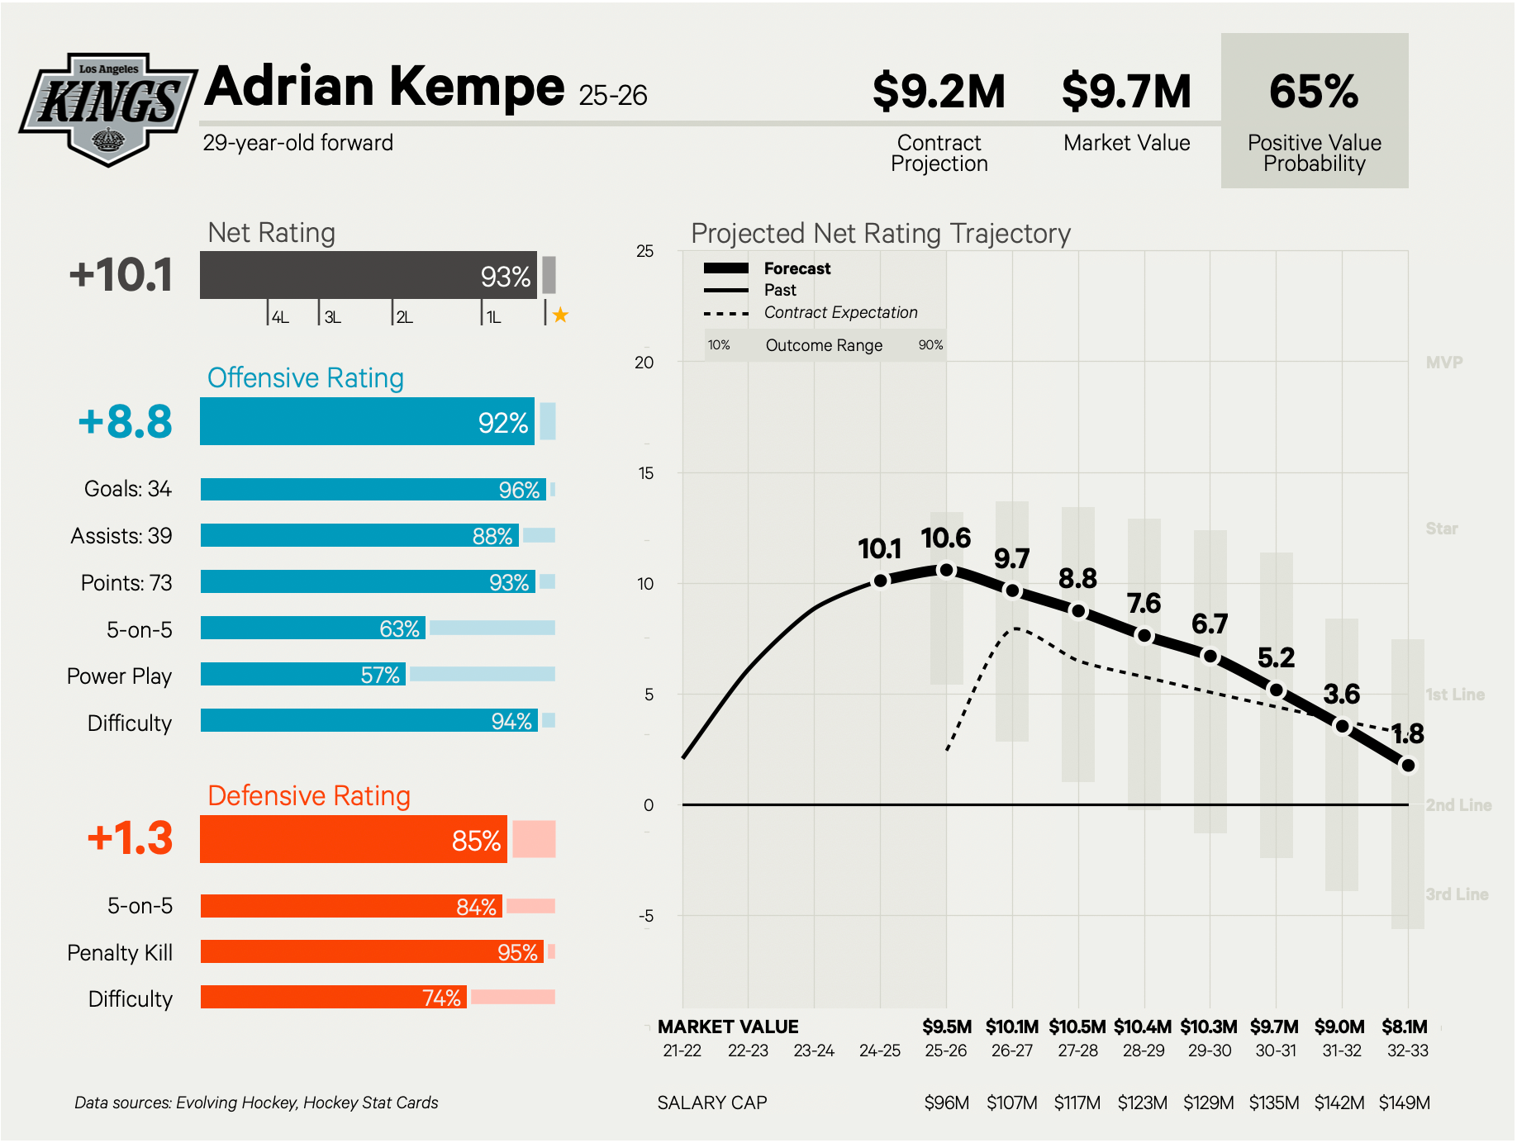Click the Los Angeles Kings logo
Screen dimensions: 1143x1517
pos(107,108)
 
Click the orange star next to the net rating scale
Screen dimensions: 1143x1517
pos(560,315)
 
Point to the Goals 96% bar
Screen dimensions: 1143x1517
pos(373,490)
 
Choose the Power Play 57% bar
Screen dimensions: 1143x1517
pos(302,675)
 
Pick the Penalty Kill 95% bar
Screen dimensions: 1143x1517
pos(372,952)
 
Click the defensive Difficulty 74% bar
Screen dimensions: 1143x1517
pos(333,998)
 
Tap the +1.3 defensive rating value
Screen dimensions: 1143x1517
pos(130,838)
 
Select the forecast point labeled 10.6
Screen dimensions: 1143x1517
pos(947,570)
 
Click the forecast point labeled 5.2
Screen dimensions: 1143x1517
pos(1276,690)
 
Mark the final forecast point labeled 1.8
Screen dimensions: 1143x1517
pos(1408,766)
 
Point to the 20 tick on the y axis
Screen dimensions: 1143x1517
pos(644,363)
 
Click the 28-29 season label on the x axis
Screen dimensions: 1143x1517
pos(1144,1051)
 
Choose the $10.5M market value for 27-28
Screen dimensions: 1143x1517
pos(1077,1027)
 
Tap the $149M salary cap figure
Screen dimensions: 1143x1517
pos(1404,1103)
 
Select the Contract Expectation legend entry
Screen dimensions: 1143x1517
pos(840,313)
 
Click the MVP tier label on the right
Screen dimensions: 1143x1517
pos(1443,363)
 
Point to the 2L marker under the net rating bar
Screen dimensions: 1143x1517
pos(404,317)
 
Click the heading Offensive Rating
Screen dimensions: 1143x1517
pos(305,377)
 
